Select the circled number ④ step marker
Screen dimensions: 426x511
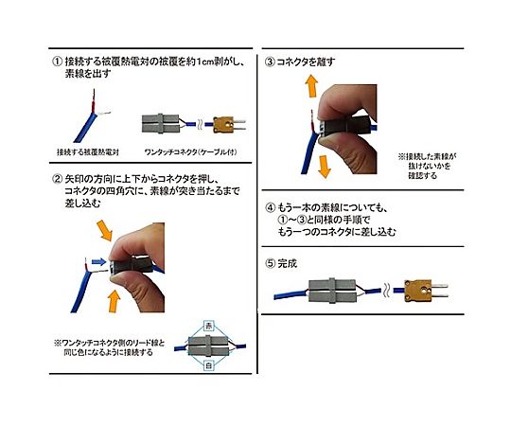tap(270, 205)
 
